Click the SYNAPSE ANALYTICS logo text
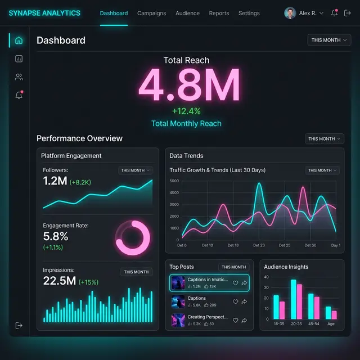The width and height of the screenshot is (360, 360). [44, 13]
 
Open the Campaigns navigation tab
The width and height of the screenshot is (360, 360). [151, 13]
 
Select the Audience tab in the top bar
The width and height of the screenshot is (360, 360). [187, 13]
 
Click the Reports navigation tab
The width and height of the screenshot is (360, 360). [219, 13]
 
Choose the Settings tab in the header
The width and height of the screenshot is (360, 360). [249, 13]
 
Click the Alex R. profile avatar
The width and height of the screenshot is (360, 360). [290, 13]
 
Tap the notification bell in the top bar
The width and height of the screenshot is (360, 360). [334, 13]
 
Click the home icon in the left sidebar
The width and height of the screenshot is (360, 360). [19, 40]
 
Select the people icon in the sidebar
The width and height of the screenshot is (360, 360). [19, 77]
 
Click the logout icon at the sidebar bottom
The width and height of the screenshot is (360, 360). [19, 325]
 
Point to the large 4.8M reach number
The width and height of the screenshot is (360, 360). [189, 85]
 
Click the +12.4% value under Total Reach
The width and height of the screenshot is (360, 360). [186, 111]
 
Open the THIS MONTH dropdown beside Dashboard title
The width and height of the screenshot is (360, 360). [329, 40]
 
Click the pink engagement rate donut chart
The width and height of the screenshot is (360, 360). [132, 236]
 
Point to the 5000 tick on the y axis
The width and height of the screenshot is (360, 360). [174, 181]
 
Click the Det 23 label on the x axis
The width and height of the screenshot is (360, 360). [259, 245]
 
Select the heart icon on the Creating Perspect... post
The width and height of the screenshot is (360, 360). [235, 321]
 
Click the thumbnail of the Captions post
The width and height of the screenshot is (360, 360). [178, 302]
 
